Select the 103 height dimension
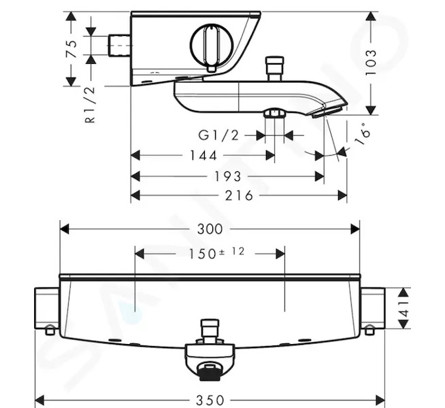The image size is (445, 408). [x=371, y=63]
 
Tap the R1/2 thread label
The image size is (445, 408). [x=90, y=105]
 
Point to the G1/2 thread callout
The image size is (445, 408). [x=218, y=135]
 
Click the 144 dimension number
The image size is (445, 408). [x=203, y=156]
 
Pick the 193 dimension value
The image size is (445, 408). [x=228, y=177]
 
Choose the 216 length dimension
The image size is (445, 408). [x=239, y=196]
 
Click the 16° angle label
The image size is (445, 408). [x=363, y=134]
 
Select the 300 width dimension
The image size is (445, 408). [x=210, y=229]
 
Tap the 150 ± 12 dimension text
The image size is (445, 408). [x=216, y=253]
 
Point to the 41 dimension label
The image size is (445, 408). [x=404, y=309]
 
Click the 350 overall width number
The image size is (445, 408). [x=210, y=401]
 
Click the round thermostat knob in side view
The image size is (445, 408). [x=212, y=46]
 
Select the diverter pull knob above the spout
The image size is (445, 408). [x=274, y=69]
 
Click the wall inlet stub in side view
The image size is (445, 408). [x=120, y=46]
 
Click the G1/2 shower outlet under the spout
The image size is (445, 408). [x=274, y=114]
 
